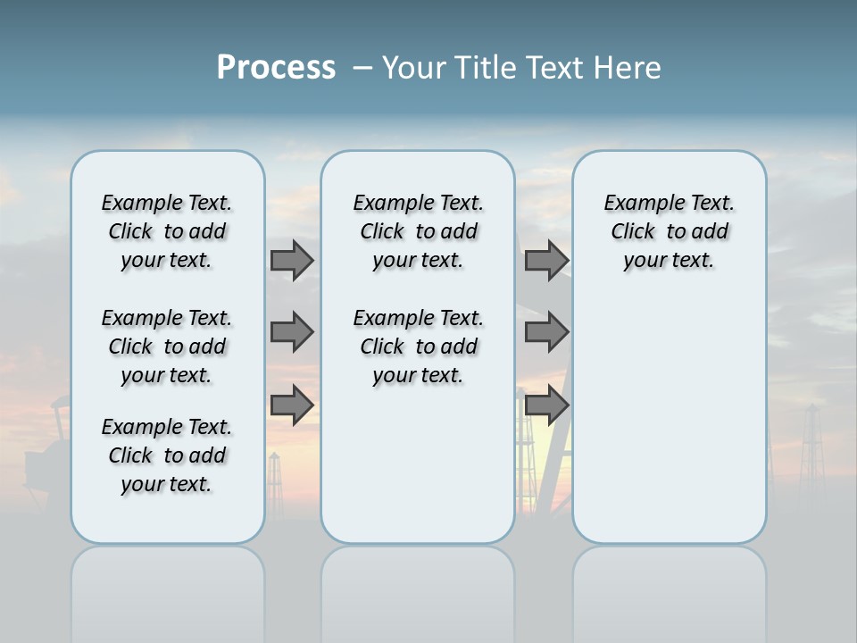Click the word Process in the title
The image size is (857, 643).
point(276,68)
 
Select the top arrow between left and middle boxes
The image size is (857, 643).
point(292,260)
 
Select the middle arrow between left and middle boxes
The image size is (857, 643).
point(292,332)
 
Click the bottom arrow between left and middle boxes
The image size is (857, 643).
point(292,405)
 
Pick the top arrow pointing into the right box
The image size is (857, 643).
point(546,260)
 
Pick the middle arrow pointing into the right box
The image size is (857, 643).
point(546,332)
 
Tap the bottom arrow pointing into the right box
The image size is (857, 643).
point(546,405)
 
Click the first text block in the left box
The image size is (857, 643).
point(167,231)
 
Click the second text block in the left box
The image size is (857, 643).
point(167,347)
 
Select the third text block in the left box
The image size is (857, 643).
point(167,455)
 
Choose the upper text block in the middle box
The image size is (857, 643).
point(418,231)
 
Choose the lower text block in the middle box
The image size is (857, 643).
point(418,347)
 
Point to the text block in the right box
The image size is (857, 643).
point(669,231)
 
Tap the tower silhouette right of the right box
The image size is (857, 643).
point(810,447)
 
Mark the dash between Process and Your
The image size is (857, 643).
point(362,68)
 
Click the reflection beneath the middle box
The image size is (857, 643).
point(418,589)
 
